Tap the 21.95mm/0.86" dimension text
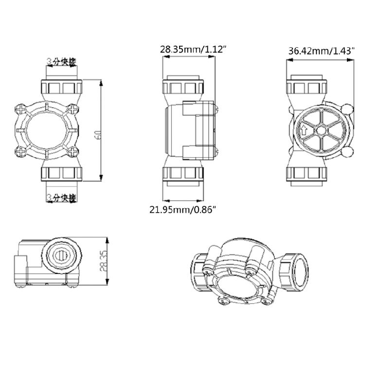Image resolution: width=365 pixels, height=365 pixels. pyautogui.click(x=182, y=209)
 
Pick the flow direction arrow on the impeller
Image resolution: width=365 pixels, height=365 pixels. pyautogui.click(x=303, y=130)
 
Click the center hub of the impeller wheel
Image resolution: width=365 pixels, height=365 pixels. pyautogui.click(x=320, y=130)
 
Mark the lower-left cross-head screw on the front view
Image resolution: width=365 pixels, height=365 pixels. pyautogui.click(x=21, y=152)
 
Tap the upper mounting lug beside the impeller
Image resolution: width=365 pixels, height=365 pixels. pyautogui.click(x=347, y=109)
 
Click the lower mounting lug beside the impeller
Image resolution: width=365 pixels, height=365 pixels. pyautogui.click(x=347, y=153)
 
